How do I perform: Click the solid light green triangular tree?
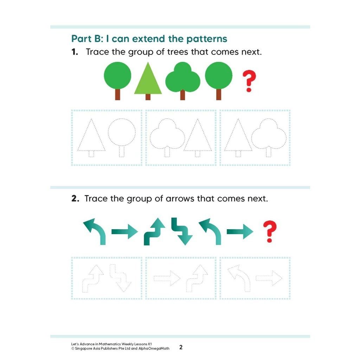[148, 79]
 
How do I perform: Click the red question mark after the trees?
[249, 81]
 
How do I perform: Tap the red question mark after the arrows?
[270, 231]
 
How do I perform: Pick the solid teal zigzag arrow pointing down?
[182, 231]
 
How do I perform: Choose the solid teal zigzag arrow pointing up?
[154, 231]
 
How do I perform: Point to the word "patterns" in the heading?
[207, 39]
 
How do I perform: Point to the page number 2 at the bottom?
[181, 347]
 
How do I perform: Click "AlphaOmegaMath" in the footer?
[154, 348]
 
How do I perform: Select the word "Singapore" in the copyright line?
[83, 348]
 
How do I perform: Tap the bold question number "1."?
[75, 52]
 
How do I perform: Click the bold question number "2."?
[75, 199]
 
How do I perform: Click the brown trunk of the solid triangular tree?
[148, 97]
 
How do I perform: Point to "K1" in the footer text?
[150, 344]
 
